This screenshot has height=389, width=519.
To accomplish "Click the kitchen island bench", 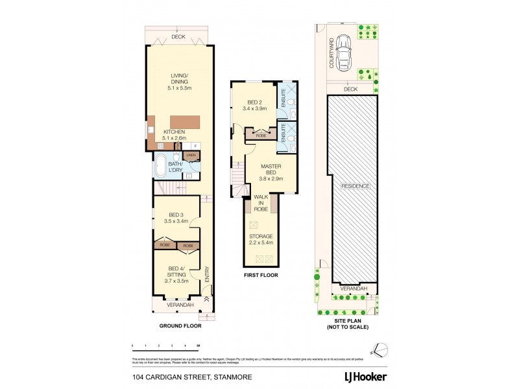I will coord(184,122).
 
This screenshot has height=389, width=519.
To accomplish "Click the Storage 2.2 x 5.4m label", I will coord(261,239).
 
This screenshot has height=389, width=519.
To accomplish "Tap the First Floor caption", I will coord(261,276).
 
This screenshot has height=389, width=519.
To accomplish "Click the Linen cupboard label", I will coord(191,155).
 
